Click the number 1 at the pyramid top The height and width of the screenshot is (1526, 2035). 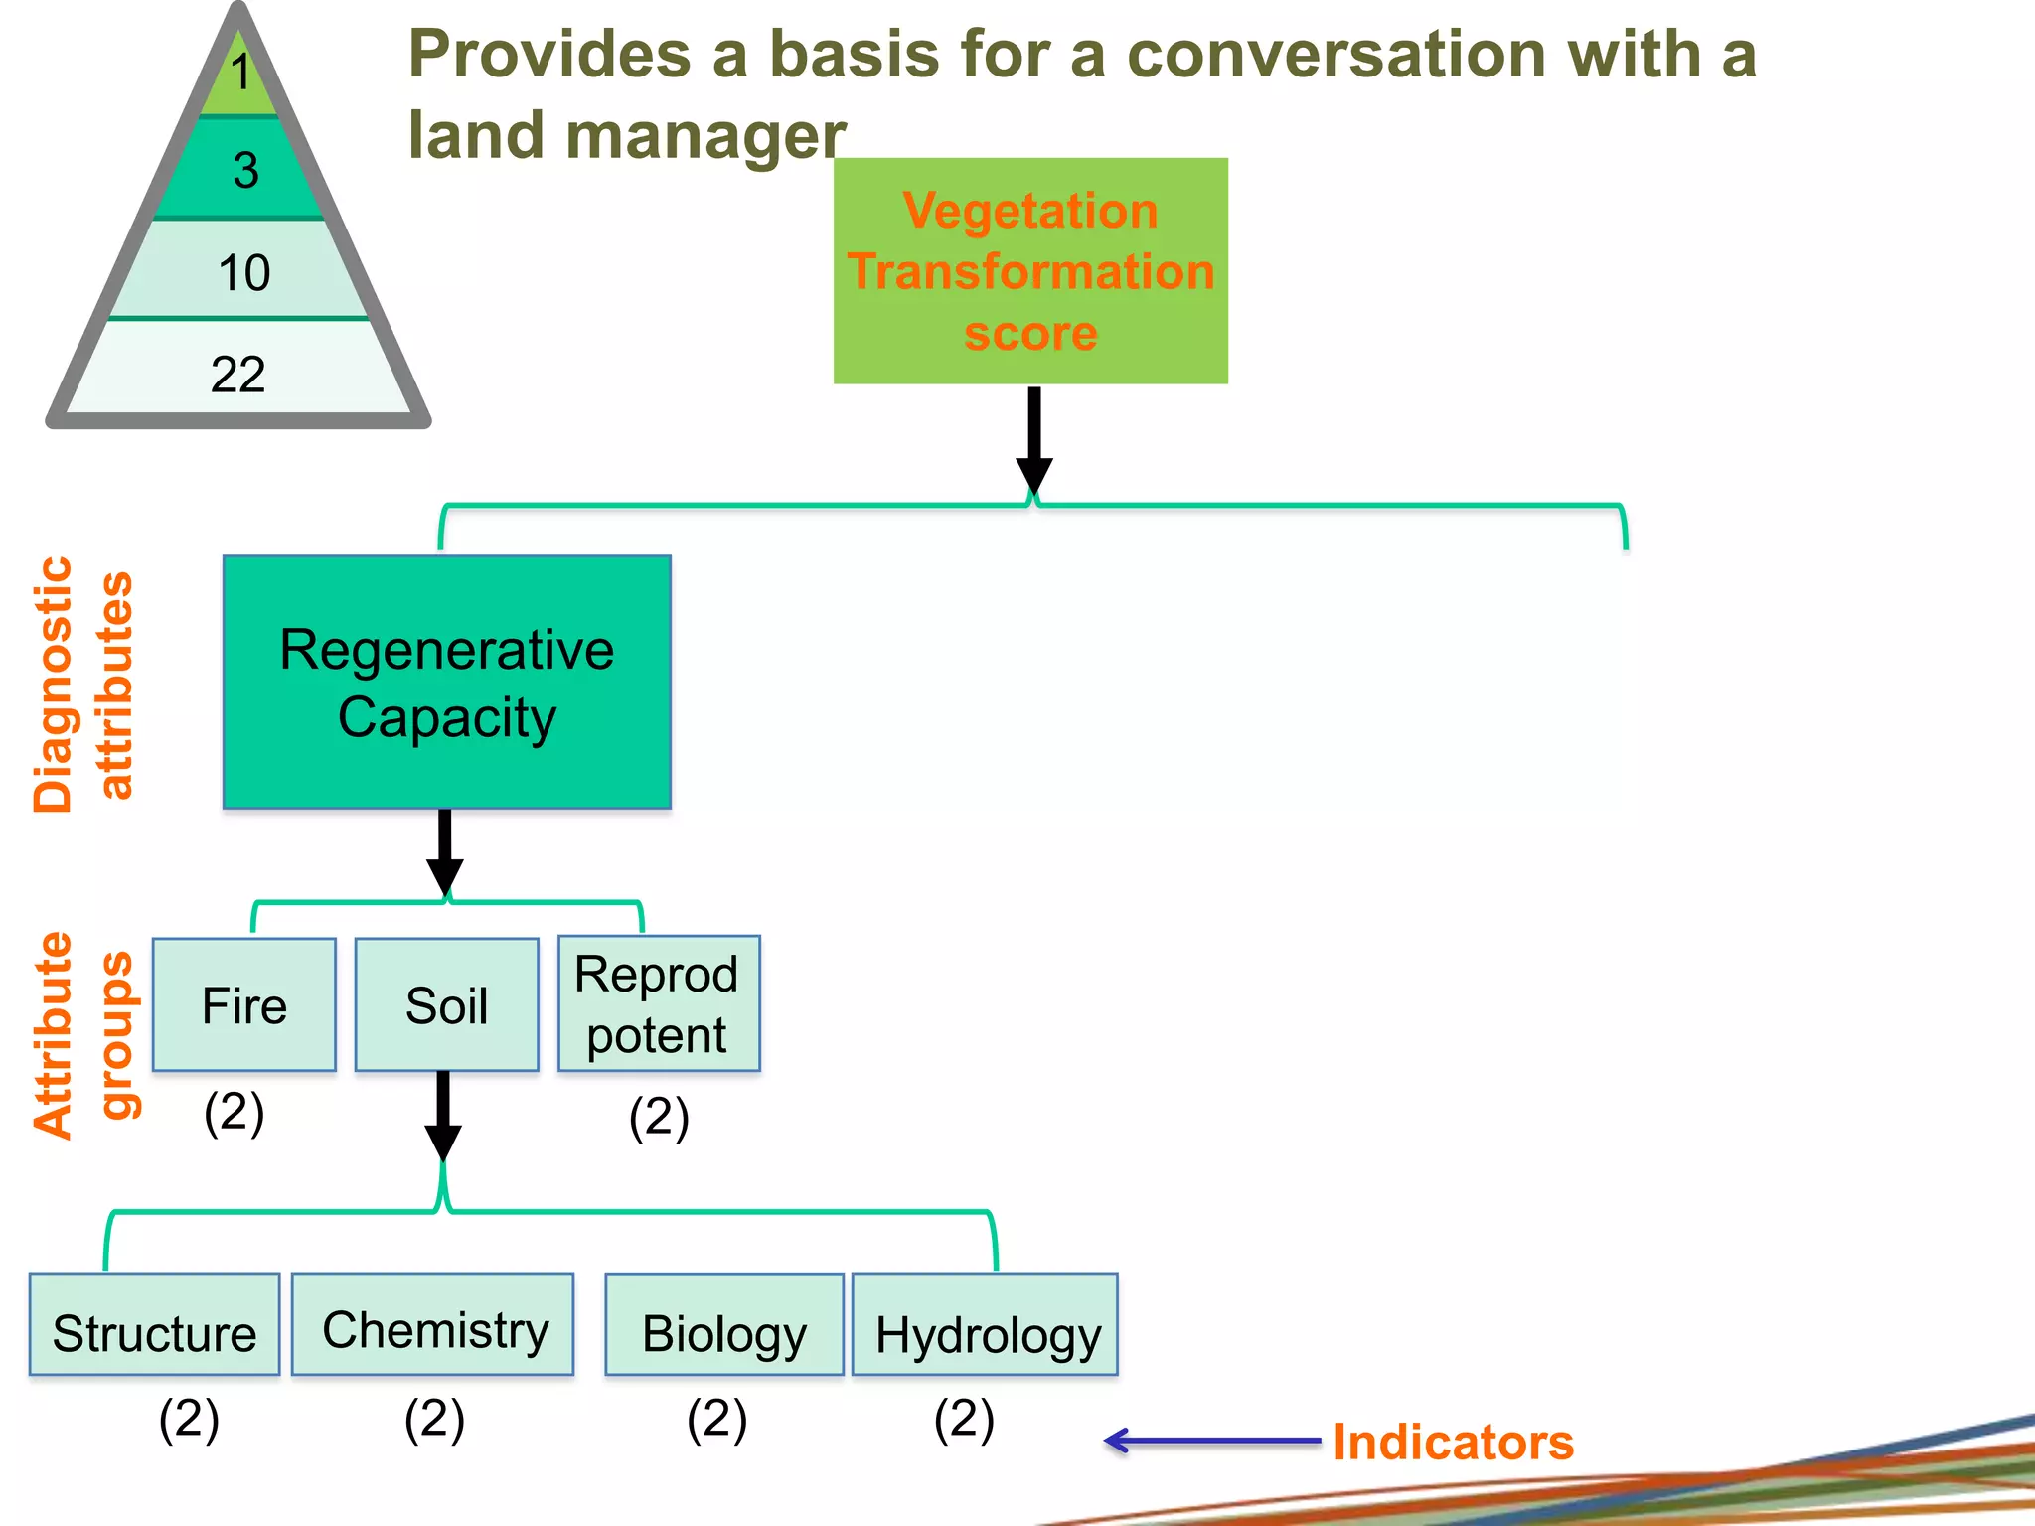(240, 73)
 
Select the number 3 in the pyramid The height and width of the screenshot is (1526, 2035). (245, 170)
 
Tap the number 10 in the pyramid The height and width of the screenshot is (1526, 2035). (243, 272)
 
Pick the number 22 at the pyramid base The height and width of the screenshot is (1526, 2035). (237, 375)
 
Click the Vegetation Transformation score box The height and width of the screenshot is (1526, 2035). (1030, 271)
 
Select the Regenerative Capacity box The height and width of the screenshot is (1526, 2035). (447, 683)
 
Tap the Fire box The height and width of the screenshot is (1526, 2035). (244, 1005)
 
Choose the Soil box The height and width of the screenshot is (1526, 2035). (447, 1005)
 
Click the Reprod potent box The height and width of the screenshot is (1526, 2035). (658, 1004)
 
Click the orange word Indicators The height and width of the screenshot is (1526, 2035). (1453, 1442)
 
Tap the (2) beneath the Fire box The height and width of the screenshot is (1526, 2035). (235, 1112)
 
